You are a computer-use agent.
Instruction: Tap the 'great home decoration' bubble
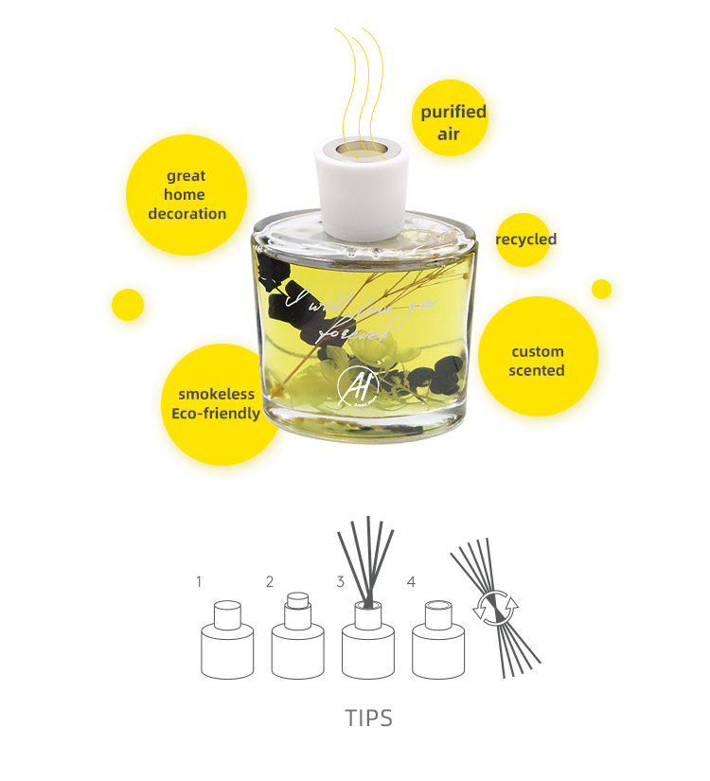[186, 194]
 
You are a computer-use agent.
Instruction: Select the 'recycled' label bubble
[524, 240]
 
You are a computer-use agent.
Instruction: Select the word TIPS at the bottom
[368, 718]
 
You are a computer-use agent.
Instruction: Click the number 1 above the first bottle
[199, 581]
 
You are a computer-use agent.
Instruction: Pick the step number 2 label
[270, 581]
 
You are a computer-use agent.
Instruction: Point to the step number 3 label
[340, 581]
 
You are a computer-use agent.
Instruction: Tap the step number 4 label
[411, 581]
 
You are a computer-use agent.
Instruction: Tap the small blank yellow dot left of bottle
[128, 304]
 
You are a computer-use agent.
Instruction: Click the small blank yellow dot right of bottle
[601, 289]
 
